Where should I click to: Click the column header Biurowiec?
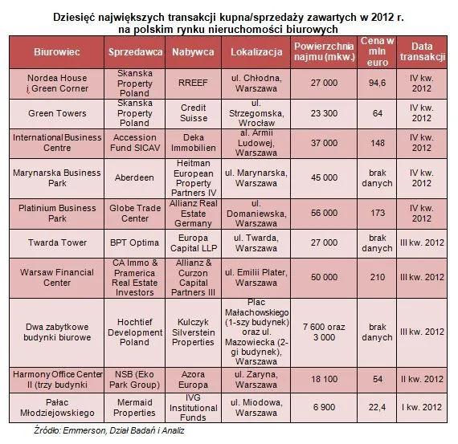[56, 52]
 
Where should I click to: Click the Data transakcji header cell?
[427, 52]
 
